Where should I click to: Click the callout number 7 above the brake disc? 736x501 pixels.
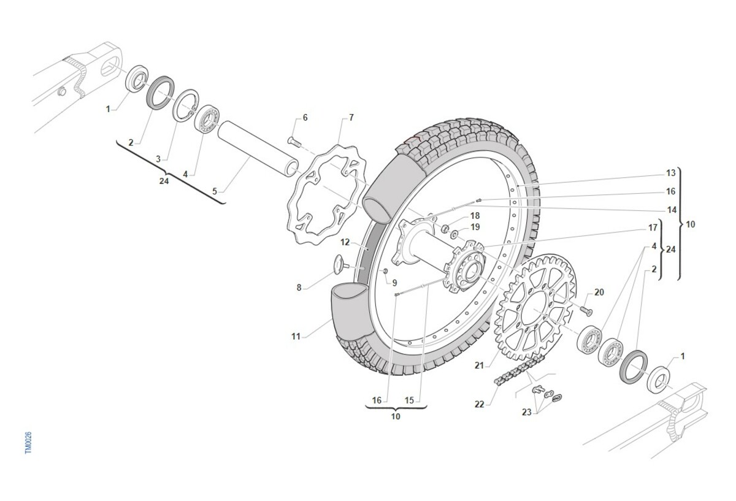351,117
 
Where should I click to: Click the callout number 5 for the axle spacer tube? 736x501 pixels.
215,191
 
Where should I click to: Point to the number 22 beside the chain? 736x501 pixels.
479,404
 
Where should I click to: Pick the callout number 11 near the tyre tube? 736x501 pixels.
297,336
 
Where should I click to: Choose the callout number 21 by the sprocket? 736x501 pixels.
479,365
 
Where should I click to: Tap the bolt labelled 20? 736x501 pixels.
585,312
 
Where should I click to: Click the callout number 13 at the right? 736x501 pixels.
670,172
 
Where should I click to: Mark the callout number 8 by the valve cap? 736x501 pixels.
299,286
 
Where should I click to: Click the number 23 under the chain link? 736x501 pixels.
527,412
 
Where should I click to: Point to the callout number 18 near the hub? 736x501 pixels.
475,216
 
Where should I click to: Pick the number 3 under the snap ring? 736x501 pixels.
158,159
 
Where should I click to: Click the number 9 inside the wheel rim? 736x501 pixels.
394,283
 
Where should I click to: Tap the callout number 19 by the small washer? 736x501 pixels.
475,228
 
